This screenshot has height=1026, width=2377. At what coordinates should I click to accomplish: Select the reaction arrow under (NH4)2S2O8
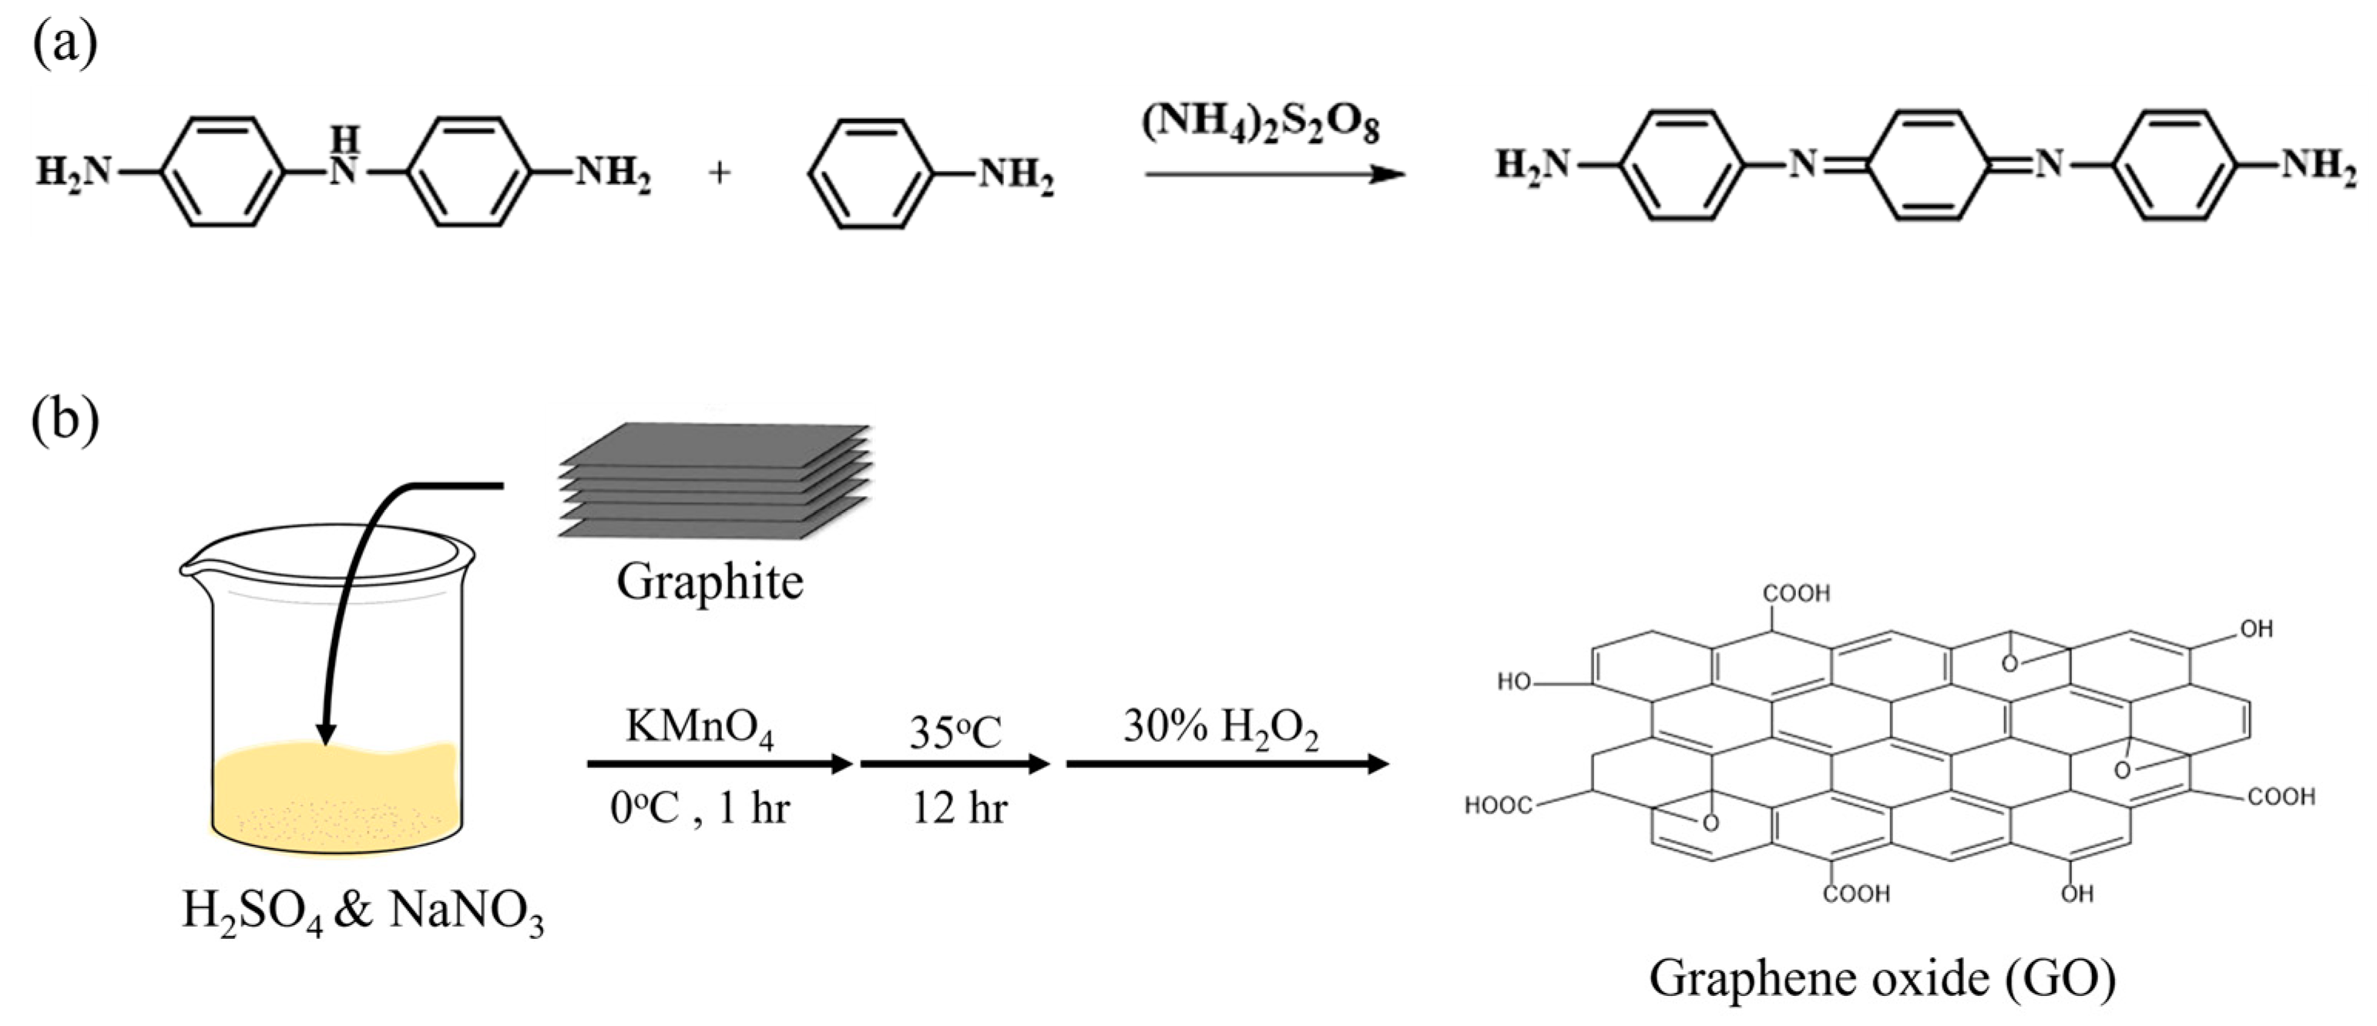tap(1274, 173)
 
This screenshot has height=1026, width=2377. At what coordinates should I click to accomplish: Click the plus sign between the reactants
tap(720, 173)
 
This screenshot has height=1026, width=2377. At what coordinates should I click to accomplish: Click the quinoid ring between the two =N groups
tap(1924, 166)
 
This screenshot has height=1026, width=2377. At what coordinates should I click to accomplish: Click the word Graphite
tap(710, 582)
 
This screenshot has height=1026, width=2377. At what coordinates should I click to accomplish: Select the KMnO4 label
tap(700, 727)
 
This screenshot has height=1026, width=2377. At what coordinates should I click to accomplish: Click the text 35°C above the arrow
tap(955, 732)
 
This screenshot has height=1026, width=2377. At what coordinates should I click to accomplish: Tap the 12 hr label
tap(959, 808)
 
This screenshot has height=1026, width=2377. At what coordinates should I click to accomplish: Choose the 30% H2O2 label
tap(1220, 727)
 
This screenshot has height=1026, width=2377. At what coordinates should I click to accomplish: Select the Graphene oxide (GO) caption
tap(1882, 979)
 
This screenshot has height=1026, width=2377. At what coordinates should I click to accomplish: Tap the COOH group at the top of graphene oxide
tap(1796, 593)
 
